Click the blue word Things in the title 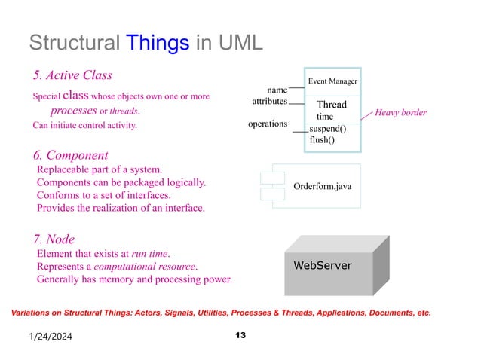pyautogui.click(x=158, y=42)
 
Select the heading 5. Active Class pyautogui.click(x=72, y=75)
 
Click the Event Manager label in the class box pyautogui.click(x=332, y=81)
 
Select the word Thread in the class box pyautogui.click(x=331, y=105)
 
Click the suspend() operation pyautogui.click(x=328, y=129)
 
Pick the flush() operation pyautogui.click(x=323, y=139)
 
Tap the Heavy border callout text pyautogui.click(x=401, y=113)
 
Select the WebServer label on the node pyautogui.click(x=322, y=266)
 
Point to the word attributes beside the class pyautogui.click(x=269, y=101)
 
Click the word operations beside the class pyautogui.click(x=268, y=123)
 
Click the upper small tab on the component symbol pyautogui.click(x=271, y=178)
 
